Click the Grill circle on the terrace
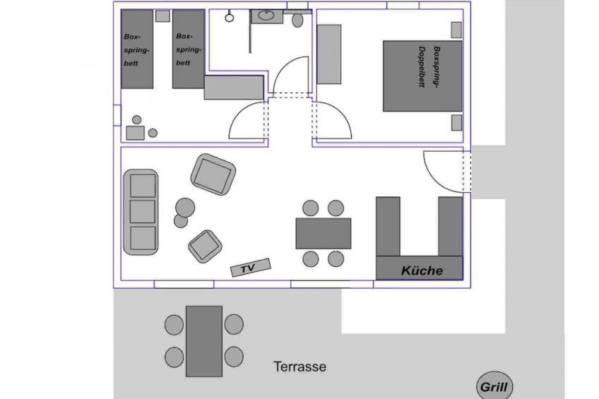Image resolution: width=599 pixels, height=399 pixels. (x=494, y=386)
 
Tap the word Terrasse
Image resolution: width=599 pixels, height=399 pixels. (x=300, y=367)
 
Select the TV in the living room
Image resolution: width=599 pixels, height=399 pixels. (x=250, y=268)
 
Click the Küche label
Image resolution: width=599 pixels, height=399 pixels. (x=422, y=270)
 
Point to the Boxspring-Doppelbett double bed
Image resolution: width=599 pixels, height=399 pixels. (x=422, y=76)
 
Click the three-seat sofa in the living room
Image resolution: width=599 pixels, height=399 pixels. (x=141, y=212)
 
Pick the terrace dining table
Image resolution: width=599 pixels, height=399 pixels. (x=204, y=341)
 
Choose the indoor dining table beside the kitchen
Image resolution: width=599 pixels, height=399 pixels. (x=324, y=233)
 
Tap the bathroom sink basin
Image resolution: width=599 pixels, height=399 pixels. (x=266, y=16)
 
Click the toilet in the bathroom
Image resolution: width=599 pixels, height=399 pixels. (x=297, y=20)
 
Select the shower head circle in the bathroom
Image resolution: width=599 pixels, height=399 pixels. (x=229, y=17)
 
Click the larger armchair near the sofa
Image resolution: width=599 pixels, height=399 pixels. (x=213, y=174)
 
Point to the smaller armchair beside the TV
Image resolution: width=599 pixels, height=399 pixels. (x=205, y=246)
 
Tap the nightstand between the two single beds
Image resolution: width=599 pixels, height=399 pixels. (x=162, y=16)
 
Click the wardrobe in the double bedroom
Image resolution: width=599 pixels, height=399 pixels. (x=329, y=54)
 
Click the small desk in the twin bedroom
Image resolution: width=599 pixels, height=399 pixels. (x=135, y=133)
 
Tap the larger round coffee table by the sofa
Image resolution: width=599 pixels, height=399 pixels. (x=185, y=208)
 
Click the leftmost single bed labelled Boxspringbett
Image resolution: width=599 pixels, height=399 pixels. (x=137, y=49)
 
